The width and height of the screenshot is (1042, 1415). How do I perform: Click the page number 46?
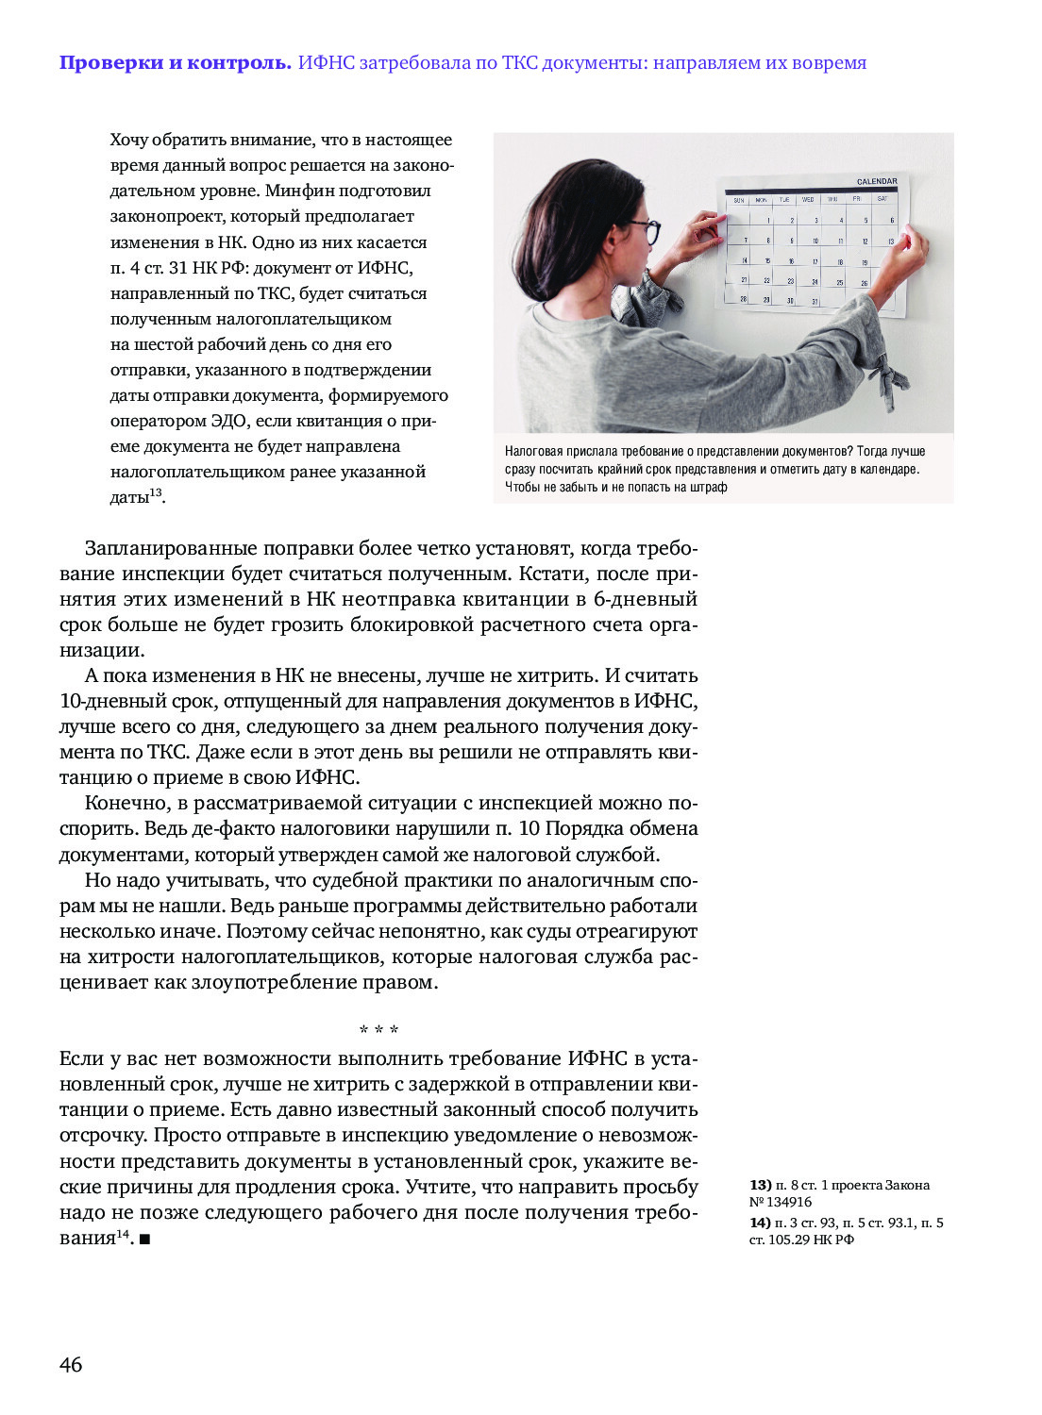[x=71, y=1364]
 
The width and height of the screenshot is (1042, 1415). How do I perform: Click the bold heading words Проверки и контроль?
[x=175, y=63]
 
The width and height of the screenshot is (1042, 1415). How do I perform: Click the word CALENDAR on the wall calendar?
[x=876, y=181]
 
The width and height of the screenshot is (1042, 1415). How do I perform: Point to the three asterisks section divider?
[x=378, y=1029]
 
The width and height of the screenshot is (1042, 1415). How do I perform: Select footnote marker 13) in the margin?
[x=761, y=1185]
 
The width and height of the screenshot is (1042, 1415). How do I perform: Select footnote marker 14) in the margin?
[x=761, y=1223]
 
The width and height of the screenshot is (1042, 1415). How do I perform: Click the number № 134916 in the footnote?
[x=781, y=1202]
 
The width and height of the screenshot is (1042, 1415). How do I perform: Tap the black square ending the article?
[x=144, y=1239]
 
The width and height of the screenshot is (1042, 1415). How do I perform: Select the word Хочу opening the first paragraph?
[x=129, y=140]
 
